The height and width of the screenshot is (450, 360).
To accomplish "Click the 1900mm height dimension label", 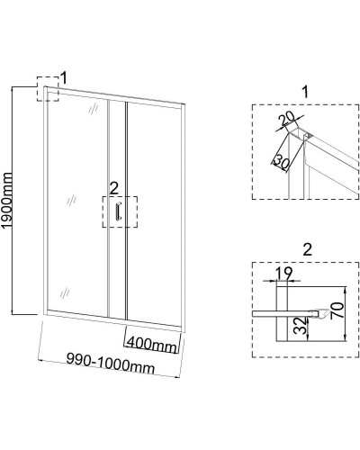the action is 8,201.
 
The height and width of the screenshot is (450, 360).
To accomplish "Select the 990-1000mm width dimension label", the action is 111,363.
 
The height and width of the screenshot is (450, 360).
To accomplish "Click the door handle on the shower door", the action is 118,211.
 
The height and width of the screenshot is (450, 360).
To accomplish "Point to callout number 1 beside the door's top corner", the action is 64,77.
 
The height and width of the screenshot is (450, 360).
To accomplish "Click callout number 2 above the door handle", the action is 114,189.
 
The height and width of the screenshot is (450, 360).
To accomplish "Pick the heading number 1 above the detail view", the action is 305,92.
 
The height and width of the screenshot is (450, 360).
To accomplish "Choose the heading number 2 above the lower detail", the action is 308,249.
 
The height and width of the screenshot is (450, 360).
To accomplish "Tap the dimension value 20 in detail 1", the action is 286,120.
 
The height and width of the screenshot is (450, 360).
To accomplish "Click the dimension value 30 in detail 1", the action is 281,161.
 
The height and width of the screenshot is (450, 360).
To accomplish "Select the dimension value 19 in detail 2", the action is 283,273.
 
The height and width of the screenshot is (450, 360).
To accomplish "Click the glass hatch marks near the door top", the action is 94,109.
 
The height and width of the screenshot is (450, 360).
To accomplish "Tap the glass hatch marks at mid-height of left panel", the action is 72,200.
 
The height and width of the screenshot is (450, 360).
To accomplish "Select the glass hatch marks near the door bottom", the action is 65,292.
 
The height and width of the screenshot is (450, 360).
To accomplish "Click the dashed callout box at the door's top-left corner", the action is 37,89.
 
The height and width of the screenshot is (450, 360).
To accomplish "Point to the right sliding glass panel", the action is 154,213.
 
